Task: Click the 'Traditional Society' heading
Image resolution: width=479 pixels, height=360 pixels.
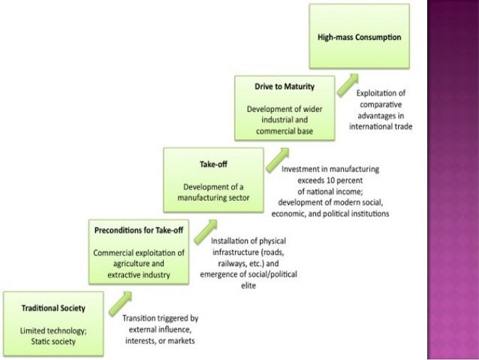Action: (x=53, y=308)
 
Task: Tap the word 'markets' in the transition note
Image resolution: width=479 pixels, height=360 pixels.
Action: (x=179, y=341)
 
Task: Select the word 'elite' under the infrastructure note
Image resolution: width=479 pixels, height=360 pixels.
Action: (x=248, y=286)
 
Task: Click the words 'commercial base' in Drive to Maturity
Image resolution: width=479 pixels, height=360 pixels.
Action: (x=285, y=132)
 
